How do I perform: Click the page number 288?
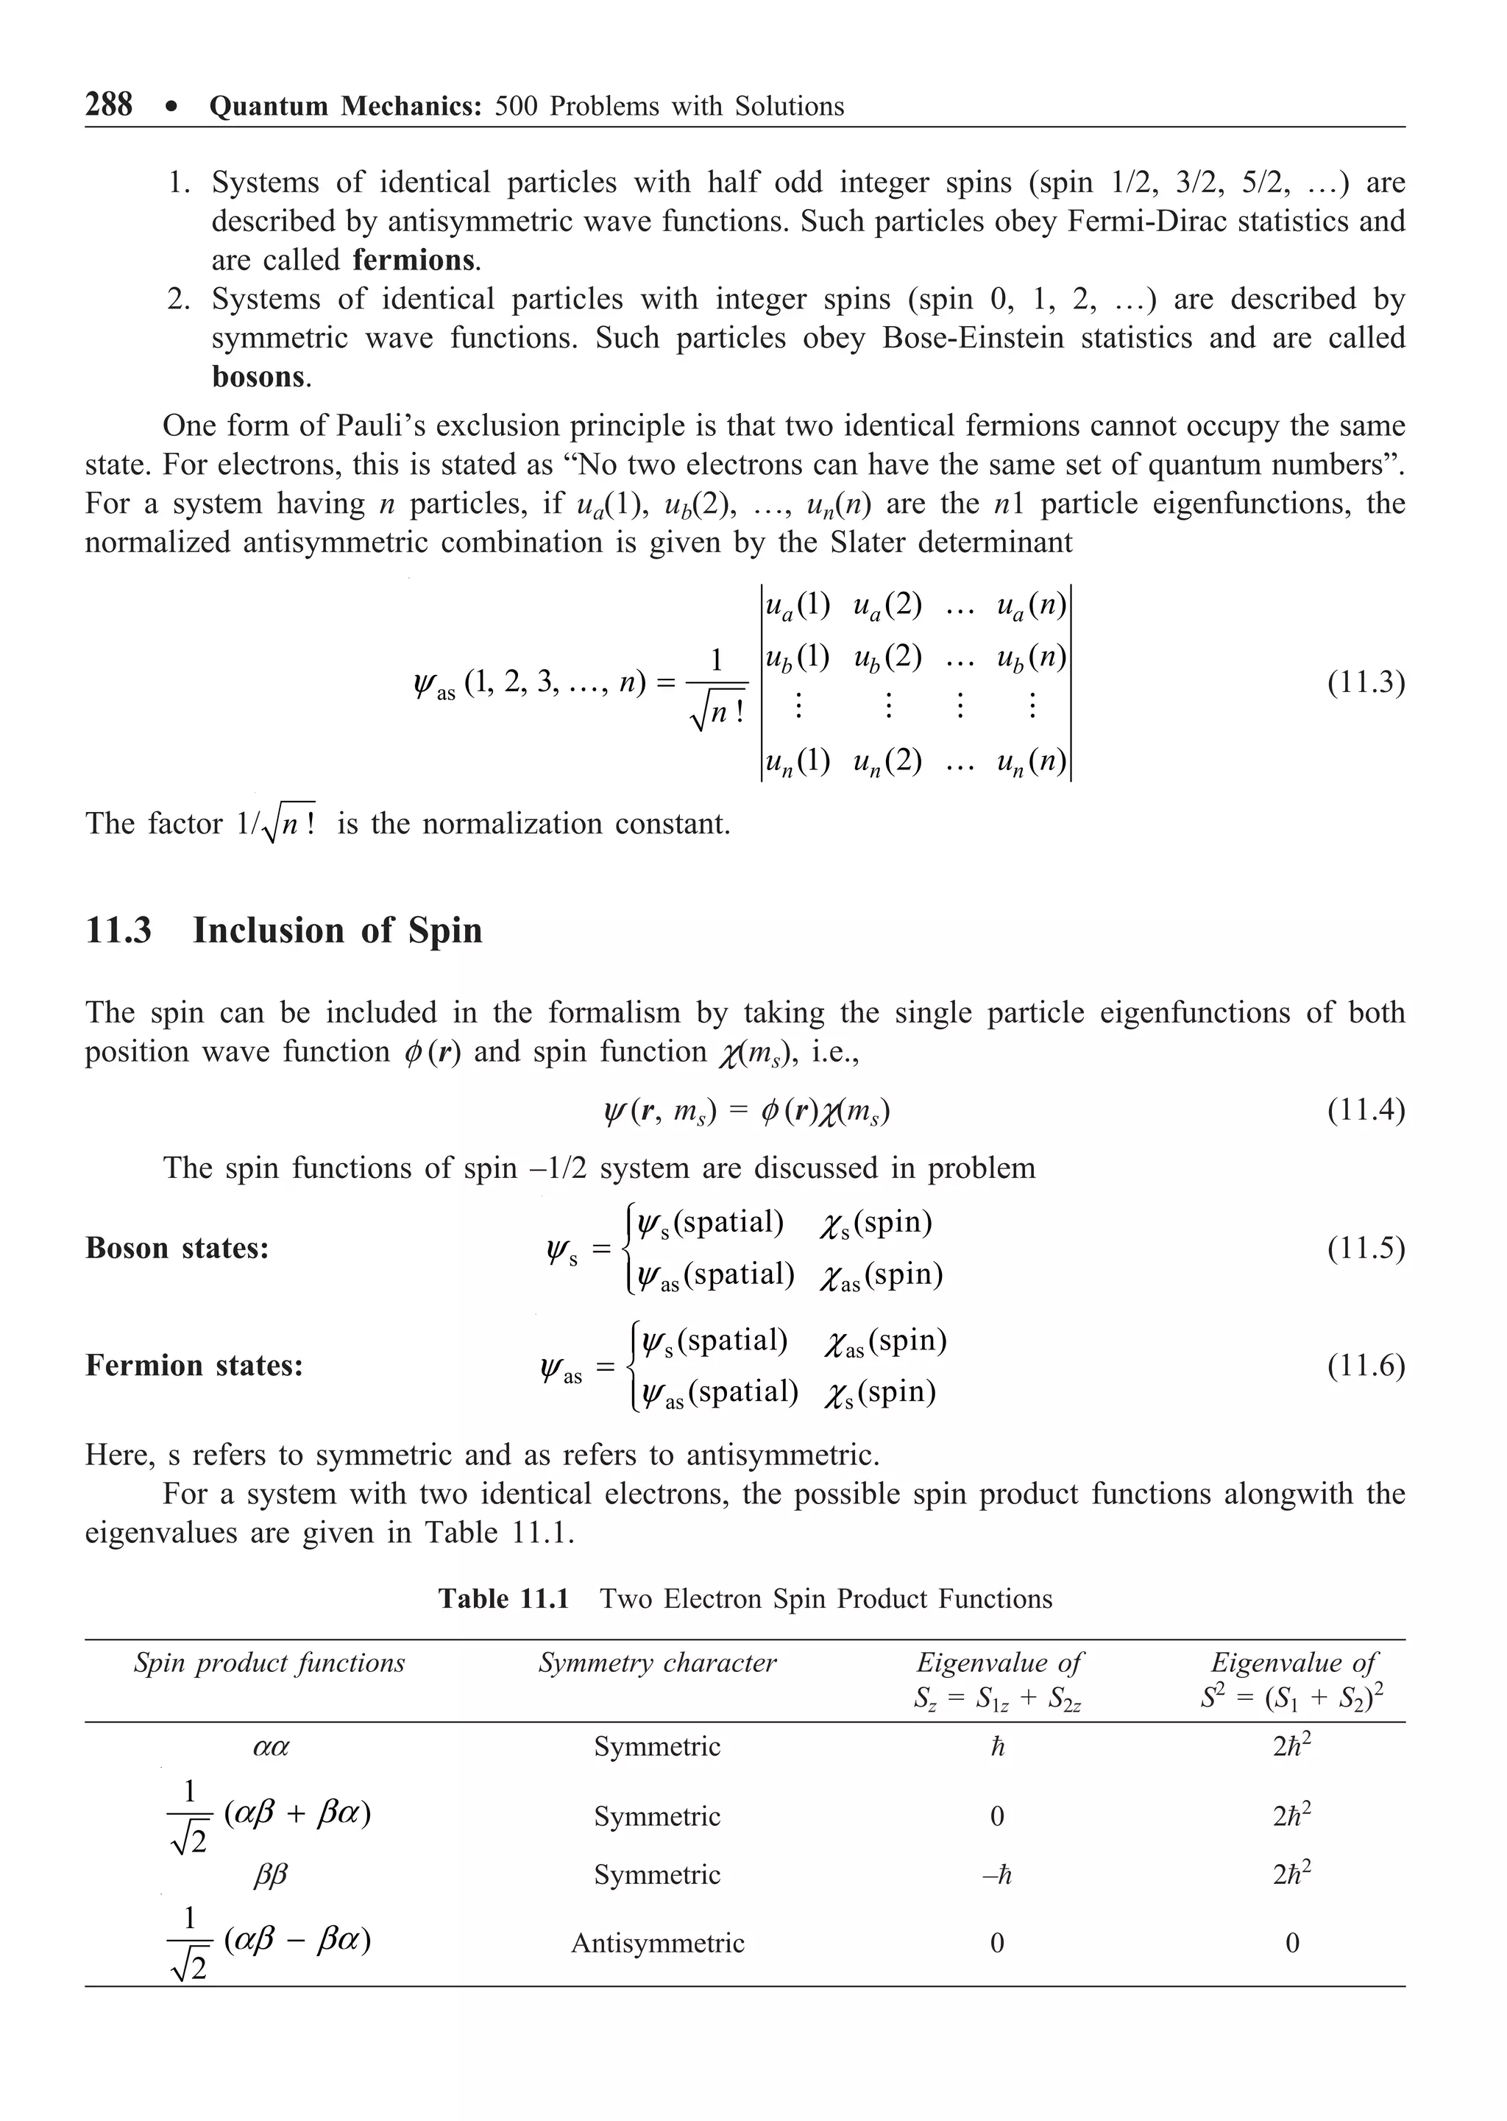[x=109, y=104]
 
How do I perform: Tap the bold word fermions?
[x=414, y=260]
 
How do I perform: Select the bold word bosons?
[x=259, y=377]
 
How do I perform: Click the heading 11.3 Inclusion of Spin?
[x=284, y=930]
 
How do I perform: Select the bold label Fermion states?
[x=194, y=1366]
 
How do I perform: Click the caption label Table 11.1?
[x=503, y=1598]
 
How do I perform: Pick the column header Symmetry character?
[x=657, y=1662]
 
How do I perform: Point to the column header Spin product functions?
[x=269, y=1662]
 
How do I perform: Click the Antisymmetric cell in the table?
[x=657, y=1943]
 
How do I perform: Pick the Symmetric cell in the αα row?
[x=657, y=1747]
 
